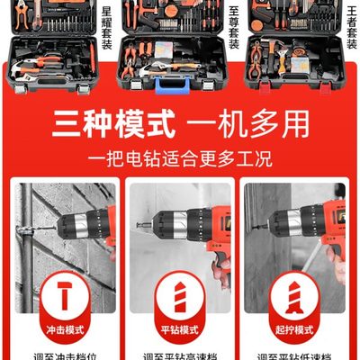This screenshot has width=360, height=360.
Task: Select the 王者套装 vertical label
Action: (x=350, y=27)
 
